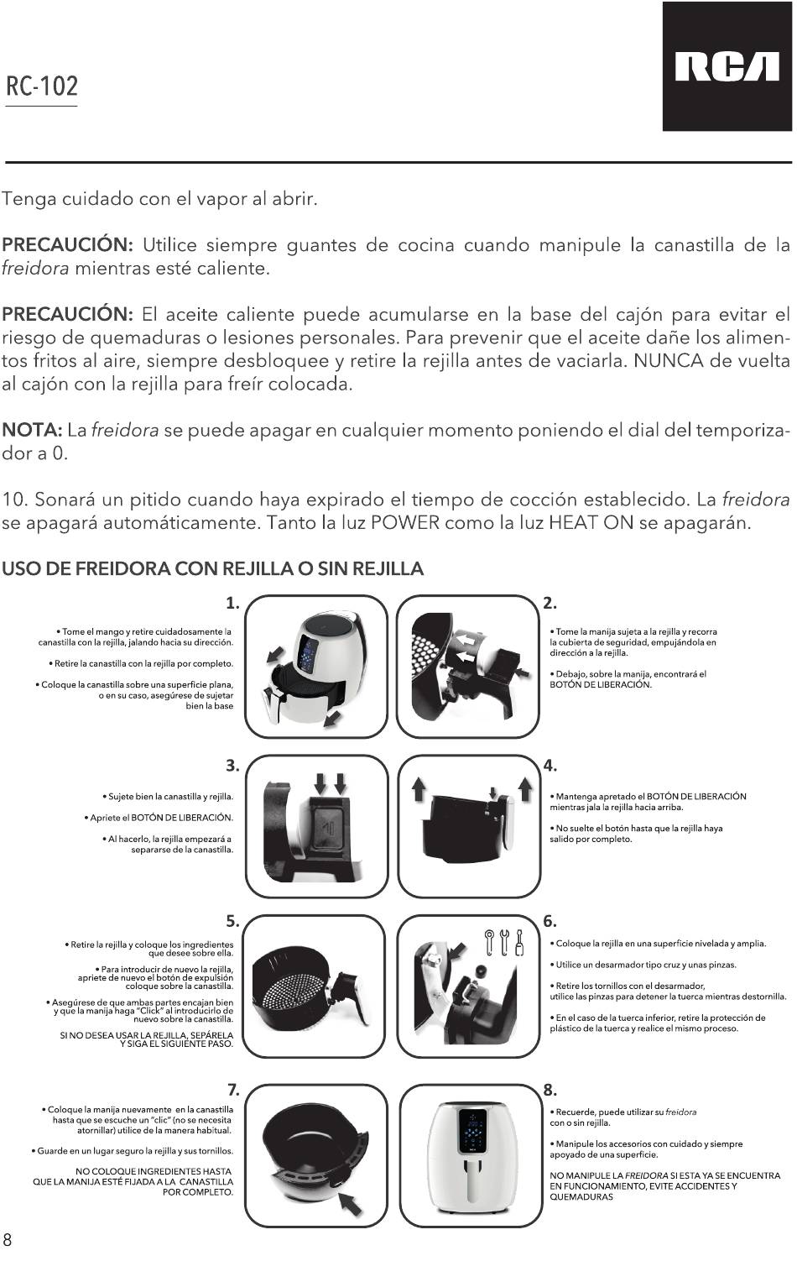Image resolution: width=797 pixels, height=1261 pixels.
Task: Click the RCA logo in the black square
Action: pyautogui.click(x=727, y=67)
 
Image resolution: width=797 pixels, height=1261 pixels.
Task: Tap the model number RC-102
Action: pyautogui.click(x=42, y=86)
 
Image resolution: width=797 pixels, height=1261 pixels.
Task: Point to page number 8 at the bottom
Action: pyautogui.click(x=8, y=1239)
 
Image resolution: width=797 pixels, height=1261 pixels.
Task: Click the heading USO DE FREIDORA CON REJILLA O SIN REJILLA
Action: pyautogui.click(x=212, y=568)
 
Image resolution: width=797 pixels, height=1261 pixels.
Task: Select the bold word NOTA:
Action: pyautogui.click(x=32, y=431)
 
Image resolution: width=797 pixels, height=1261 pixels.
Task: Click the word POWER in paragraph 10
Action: pyautogui.click(x=405, y=523)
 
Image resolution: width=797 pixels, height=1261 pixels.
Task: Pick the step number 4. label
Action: pyautogui.click(x=550, y=766)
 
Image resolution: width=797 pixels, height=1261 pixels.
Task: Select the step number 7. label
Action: pyautogui.click(x=233, y=1090)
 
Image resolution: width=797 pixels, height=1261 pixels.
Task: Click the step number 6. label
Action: pyautogui.click(x=550, y=921)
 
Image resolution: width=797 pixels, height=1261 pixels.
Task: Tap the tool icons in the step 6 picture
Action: pyautogui.click(x=504, y=942)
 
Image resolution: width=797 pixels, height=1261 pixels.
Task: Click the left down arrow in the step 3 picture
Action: pyautogui.click(x=320, y=783)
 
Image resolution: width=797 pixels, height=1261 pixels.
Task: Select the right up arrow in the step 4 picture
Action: pyautogui.click(x=525, y=788)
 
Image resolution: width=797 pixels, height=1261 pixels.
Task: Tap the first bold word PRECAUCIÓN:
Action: pyautogui.click(x=67, y=245)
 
